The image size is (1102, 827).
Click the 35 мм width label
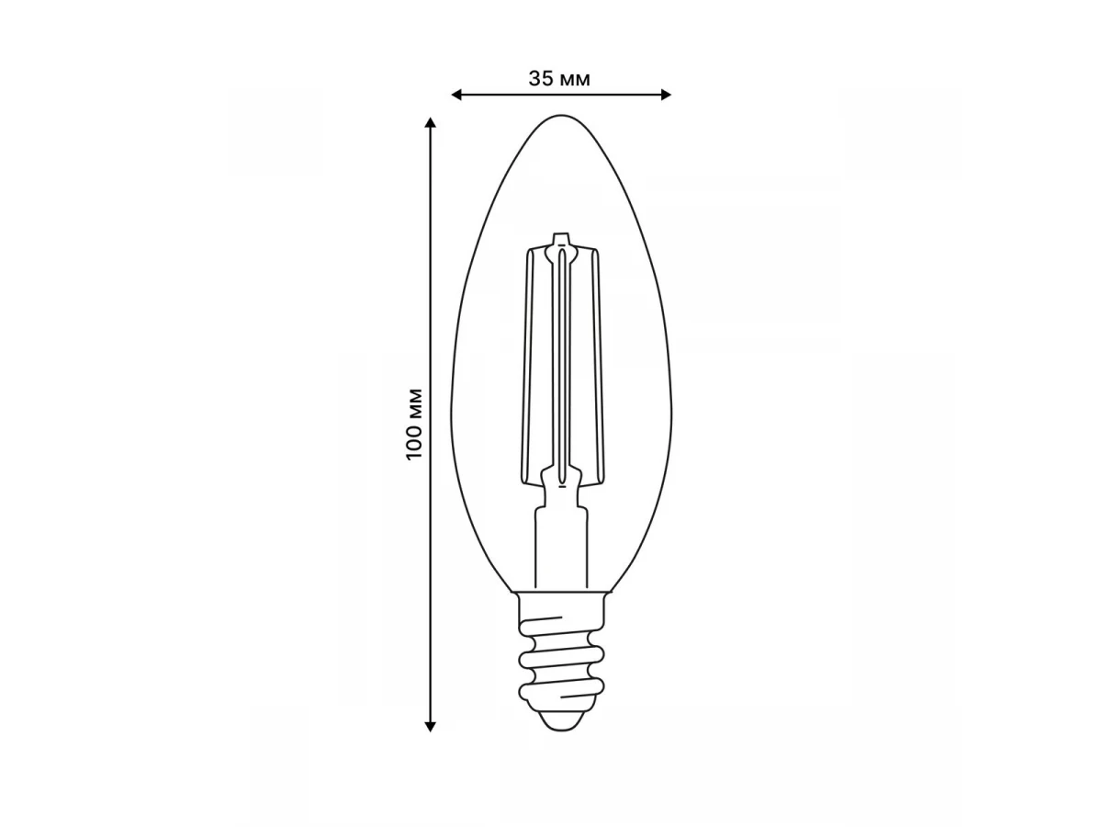coord(558,79)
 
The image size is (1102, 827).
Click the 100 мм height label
coord(414,424)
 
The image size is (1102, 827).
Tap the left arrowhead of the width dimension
coord(455,95)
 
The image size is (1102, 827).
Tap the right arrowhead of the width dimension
coord(666,95)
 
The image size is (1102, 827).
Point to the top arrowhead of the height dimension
coord(430,123)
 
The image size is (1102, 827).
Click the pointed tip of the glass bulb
coord(561,116)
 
